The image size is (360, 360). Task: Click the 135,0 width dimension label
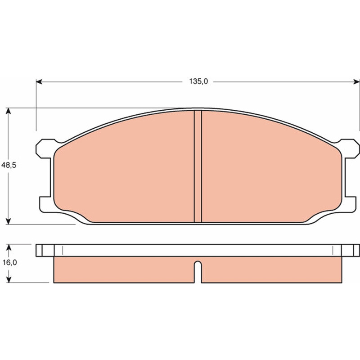[198, 81]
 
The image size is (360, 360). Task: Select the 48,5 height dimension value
[9, 165]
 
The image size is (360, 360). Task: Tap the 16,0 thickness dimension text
[9, 262]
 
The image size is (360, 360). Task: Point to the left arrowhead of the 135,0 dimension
[39, 82]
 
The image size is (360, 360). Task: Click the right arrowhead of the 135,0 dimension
[356, 82]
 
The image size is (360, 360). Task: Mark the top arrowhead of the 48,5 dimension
[8, 111]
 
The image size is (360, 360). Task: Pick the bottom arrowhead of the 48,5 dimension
[8, 221]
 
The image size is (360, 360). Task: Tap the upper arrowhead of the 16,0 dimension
[9, 247]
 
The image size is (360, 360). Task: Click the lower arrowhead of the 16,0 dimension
[9, 279]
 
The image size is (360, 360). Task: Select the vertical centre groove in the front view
[198, 166]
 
